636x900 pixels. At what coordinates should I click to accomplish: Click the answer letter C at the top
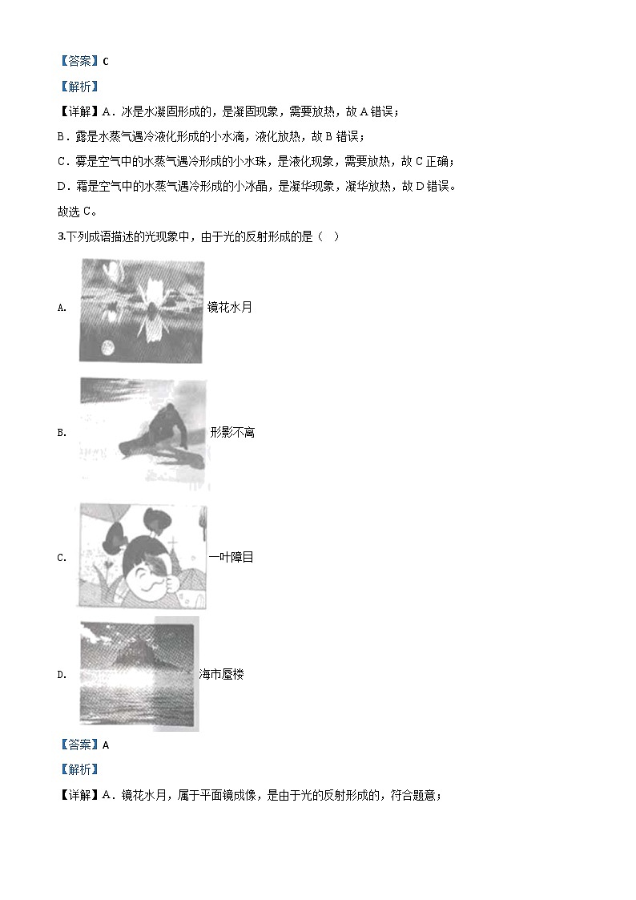[x=106, y=61]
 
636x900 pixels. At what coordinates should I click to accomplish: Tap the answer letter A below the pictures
[x=106, y=745]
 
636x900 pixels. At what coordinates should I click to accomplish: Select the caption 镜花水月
[x=230, y=307]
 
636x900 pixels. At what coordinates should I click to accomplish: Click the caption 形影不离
[x=232, y=433]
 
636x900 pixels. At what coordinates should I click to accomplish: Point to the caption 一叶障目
[x=231, y=557]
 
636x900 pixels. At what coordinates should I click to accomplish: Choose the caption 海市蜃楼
[x=221, y=675]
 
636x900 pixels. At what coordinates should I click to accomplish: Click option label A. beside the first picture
[x=62, y=308]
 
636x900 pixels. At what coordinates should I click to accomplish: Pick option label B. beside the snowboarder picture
[x=62, y=433]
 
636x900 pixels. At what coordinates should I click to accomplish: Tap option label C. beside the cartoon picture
[x=62, y=558]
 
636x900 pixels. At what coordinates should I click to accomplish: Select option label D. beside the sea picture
[x=62, y=675]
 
